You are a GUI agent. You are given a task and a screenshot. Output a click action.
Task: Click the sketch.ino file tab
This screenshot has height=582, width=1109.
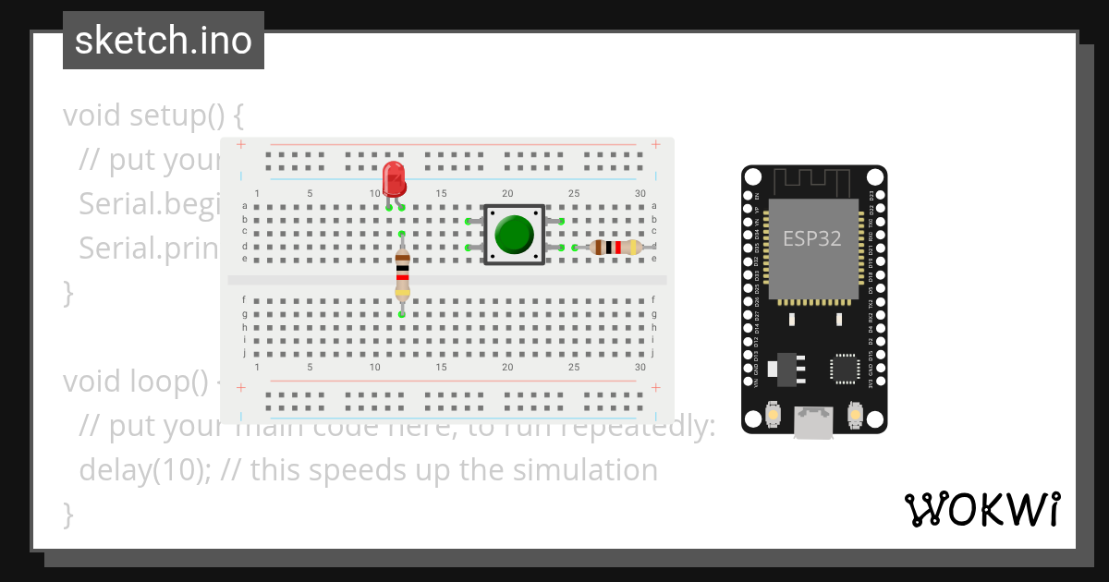click(x=163, y=41)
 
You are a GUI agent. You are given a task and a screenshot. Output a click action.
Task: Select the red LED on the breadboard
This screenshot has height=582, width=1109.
click(x=394, y=177)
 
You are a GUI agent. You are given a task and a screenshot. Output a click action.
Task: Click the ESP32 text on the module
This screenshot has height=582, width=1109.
click(x=812, y=238)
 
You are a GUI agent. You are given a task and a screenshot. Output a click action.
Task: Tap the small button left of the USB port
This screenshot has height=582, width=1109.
click(x=772, y=418)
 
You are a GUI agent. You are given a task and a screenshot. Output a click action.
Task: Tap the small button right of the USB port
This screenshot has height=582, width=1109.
click(x=855, y=418)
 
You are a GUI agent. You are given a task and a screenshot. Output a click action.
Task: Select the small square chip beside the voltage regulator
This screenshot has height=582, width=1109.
click(x=844, y=368)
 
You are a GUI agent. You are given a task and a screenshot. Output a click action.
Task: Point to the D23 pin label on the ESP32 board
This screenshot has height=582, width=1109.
click(x=871, y=196)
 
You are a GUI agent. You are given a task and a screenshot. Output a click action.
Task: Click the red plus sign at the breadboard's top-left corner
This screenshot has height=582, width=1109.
click(x=241, y=144)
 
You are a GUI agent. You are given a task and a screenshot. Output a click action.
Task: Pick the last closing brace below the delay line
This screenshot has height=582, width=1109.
click(x=67, y=514)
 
